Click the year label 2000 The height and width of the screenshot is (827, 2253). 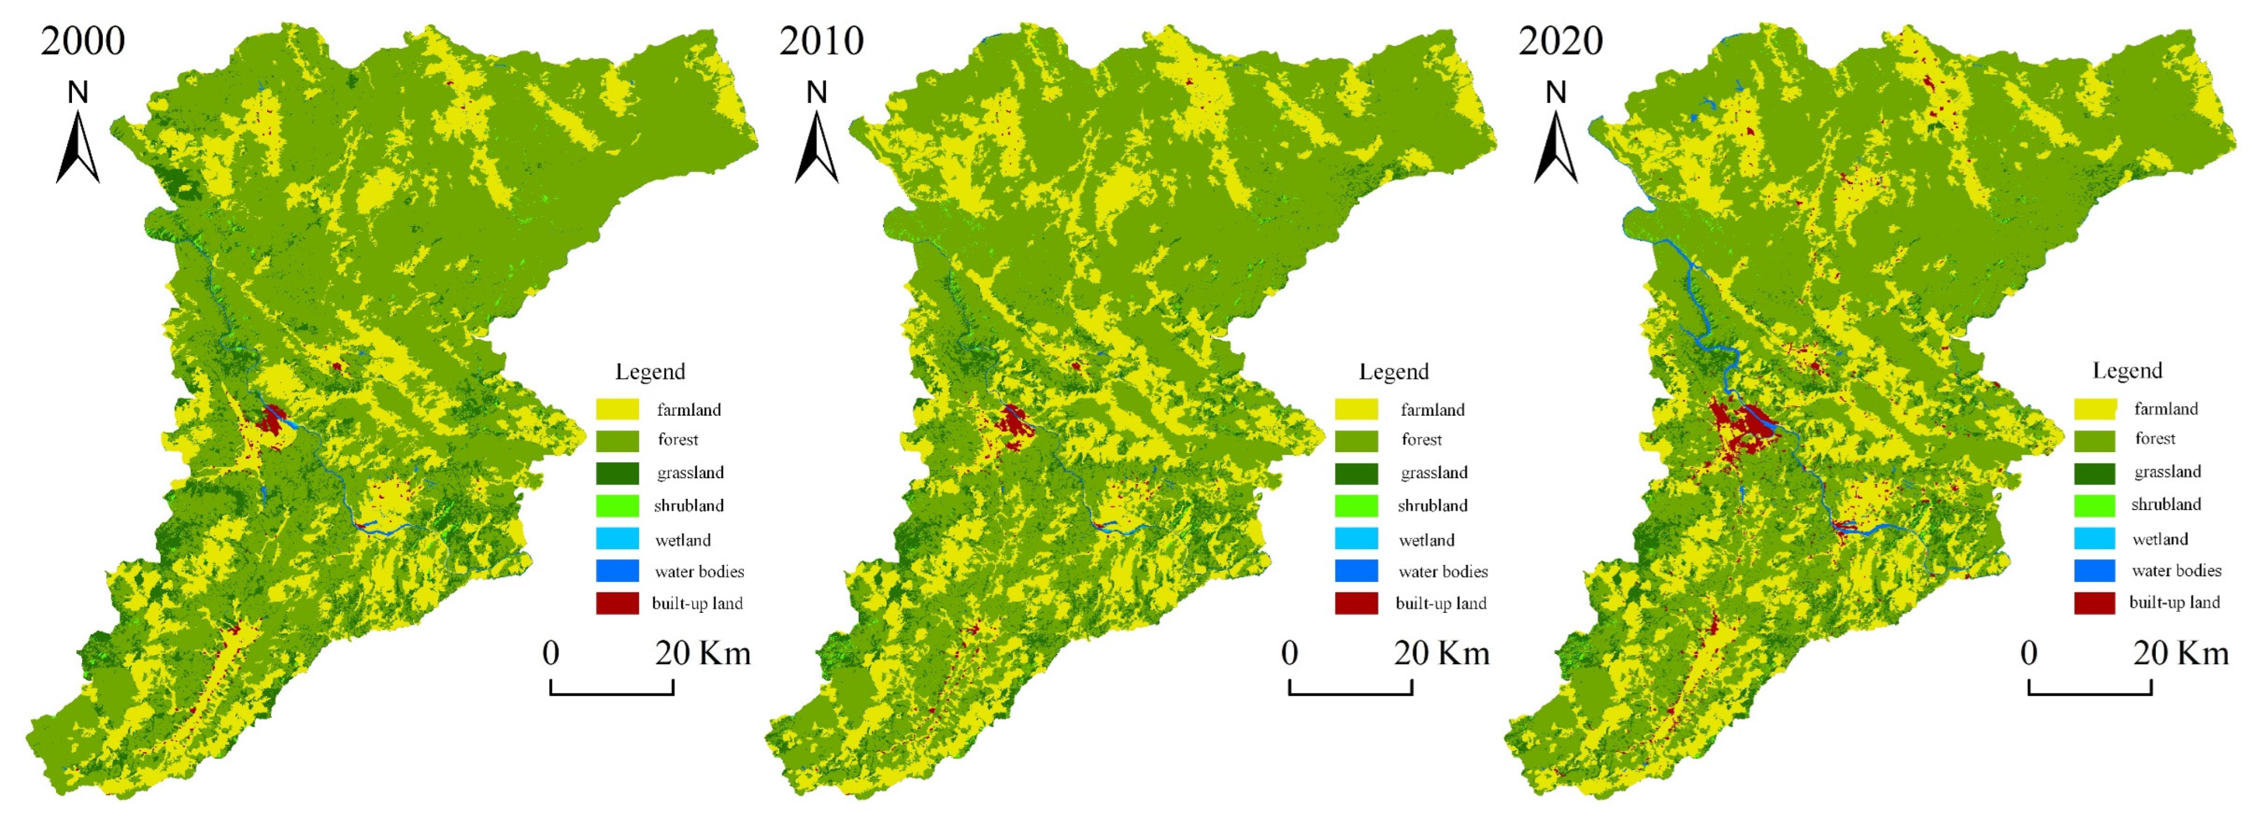tap(83, 41)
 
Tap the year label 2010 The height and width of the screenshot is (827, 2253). tap(821, 41)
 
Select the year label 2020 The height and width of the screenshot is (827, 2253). tap(1560, 41)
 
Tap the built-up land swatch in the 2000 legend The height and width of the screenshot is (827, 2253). tap(618, 603)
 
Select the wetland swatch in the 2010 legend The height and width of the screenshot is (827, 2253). tap(1356, 539)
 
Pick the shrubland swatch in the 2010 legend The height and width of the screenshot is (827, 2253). tap(1356, 505)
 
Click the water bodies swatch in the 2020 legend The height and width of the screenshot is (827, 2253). tap(2095, 570)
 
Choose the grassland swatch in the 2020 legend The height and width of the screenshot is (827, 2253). tap(2095, 472)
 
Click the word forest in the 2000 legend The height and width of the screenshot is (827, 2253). tap(678, 439)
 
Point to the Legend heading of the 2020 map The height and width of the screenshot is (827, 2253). tap(2127, 370)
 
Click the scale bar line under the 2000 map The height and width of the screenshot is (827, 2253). tap(611, 694)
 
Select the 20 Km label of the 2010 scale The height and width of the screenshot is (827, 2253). tap(1441, 653)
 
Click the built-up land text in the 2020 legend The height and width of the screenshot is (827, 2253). tap(2174, 602)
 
